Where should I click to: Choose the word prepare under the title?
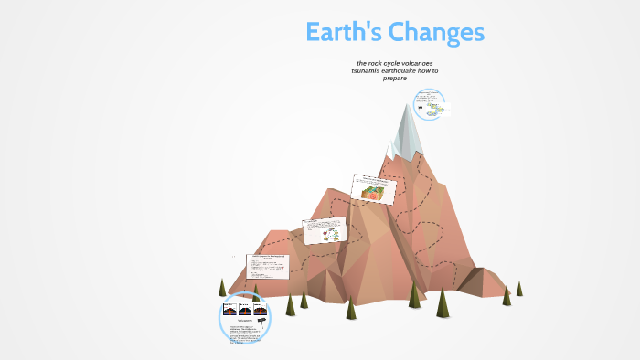click(394, 78)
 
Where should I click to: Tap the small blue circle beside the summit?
click(429, 106)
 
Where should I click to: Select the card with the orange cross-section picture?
click(375, 189)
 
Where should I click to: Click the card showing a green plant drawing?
click(325, 230)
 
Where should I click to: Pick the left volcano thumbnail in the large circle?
click(230, 310)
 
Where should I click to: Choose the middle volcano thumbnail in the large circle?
click(245, 310)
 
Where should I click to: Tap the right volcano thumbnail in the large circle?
click(260, 310)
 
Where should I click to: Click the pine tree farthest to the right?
click(519, 289)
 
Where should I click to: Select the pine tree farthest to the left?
click(222, 288)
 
